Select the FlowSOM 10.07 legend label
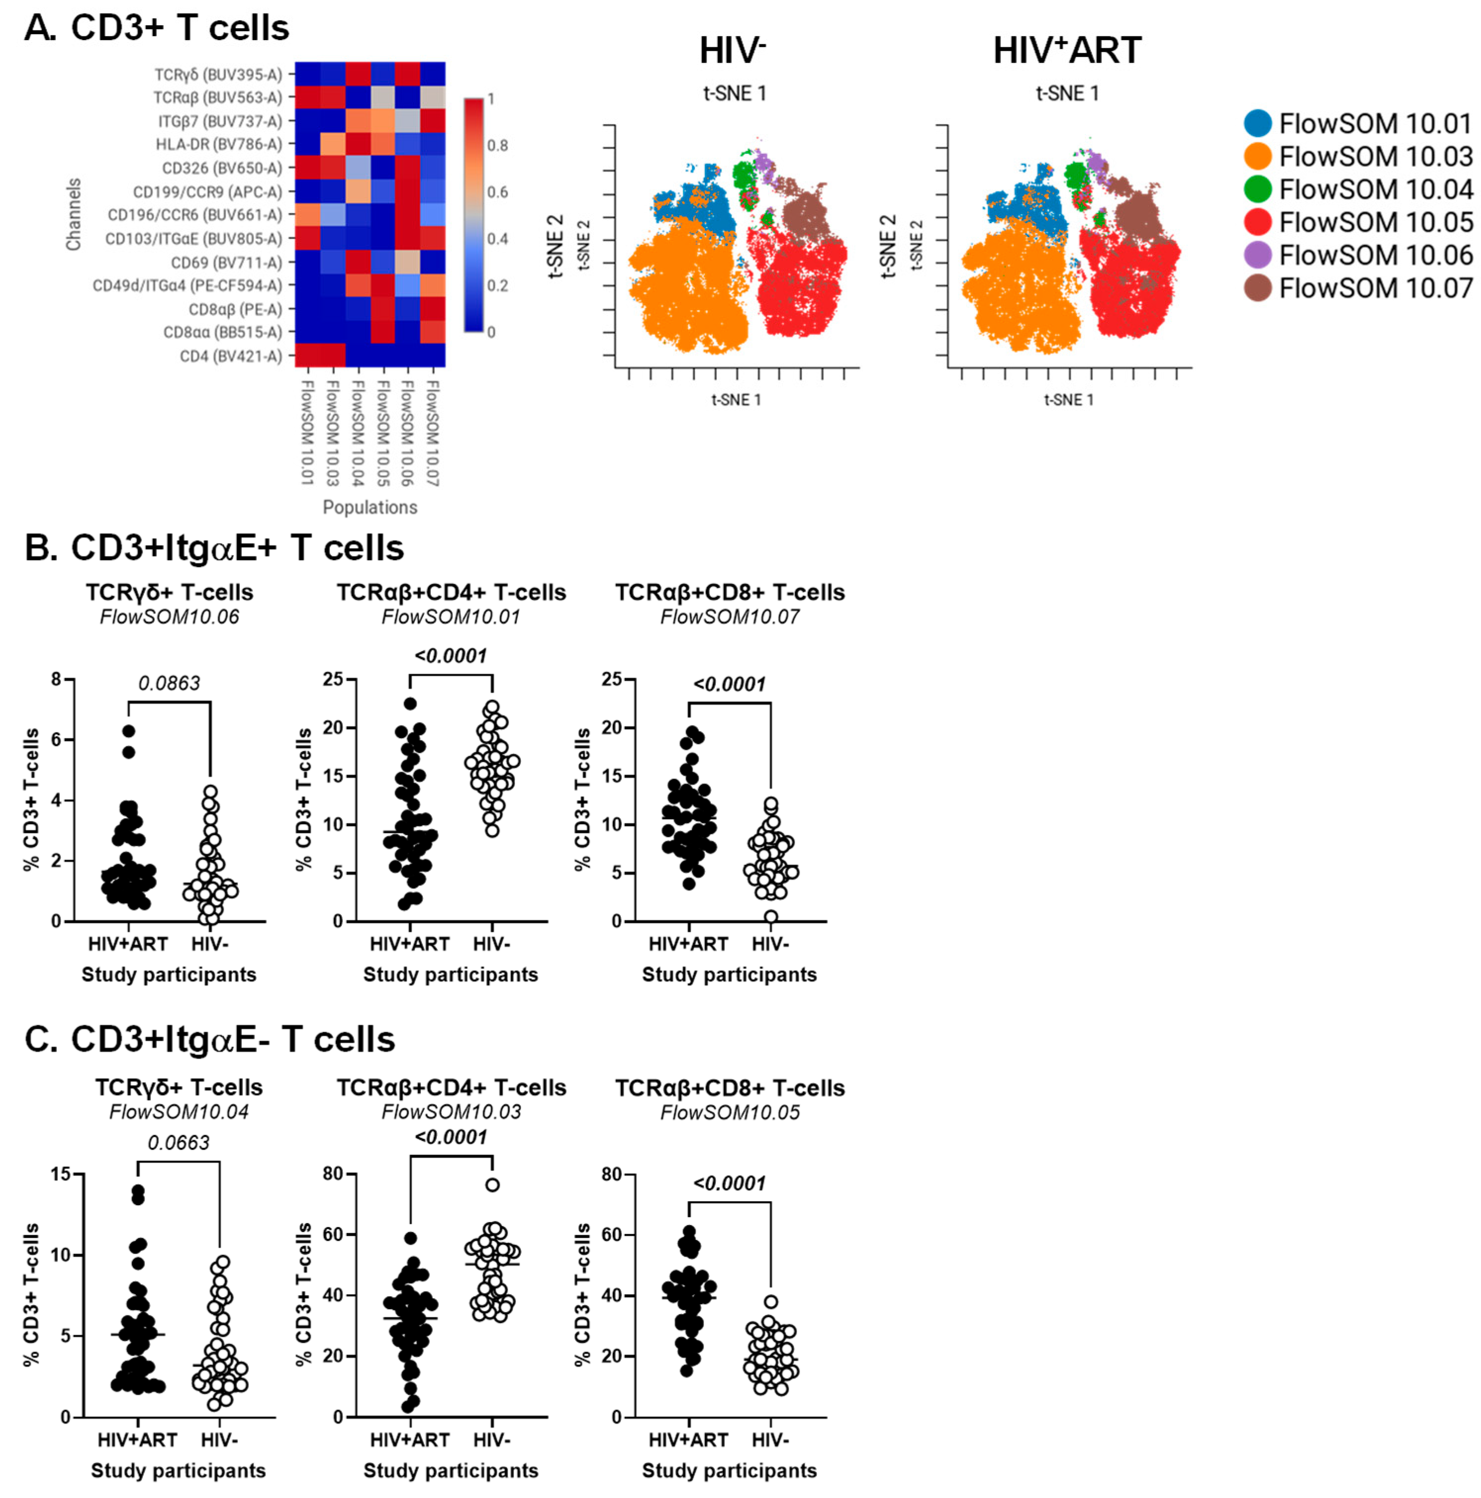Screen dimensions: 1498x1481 click(x=1375, y=288)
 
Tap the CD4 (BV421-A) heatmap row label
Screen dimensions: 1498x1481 click(x=231, y=356)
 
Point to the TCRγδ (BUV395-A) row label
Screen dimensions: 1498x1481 click(x=218, y=75)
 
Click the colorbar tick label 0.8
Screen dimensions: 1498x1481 click(x=497, y=145)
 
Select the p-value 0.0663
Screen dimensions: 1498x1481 click(x=179, y=1142)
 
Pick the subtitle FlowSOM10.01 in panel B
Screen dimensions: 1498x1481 click(x=450, y=617)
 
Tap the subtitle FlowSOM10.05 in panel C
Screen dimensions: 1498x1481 click(x=729, y=1113)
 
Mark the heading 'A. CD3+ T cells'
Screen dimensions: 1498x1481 click(x=157, y=29)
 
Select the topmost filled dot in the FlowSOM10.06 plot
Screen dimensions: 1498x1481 click(x=129, y=731)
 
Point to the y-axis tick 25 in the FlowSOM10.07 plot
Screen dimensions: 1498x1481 click(x=612, y=679)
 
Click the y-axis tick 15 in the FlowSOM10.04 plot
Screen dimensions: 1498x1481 click(x=61, y=1174)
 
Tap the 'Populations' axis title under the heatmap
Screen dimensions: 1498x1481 click(x=370, y=507)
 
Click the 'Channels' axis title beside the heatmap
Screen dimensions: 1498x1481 click(x=74, y=215)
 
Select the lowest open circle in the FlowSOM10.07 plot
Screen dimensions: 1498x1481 click(x=771, y=916)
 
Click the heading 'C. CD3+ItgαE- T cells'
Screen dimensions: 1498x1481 click(x=209, y=1040)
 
